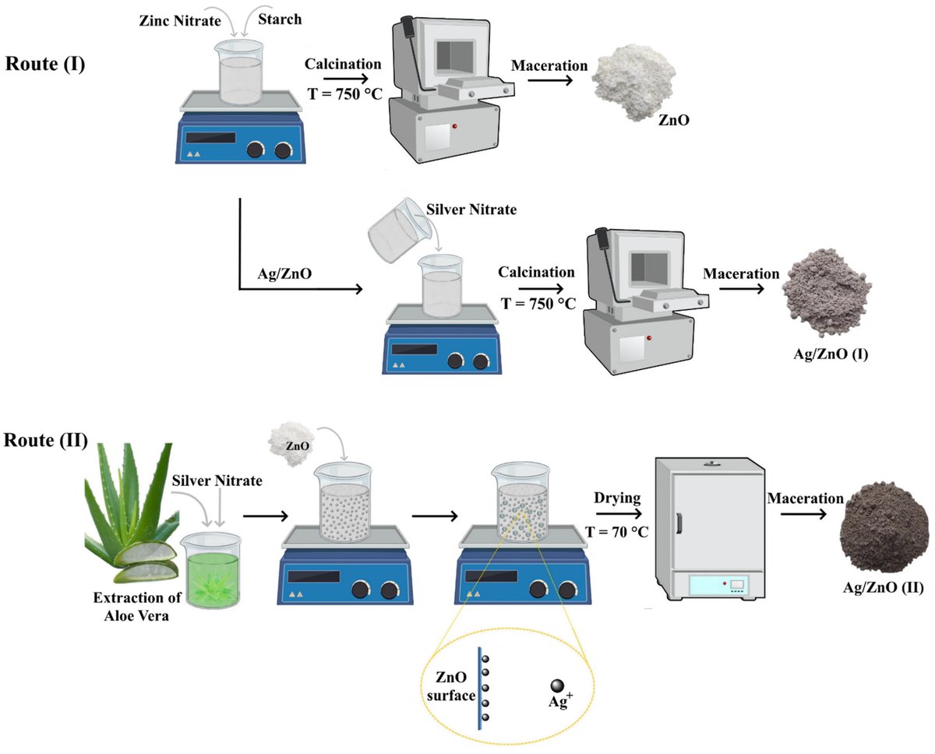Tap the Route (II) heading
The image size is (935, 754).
pos(47,440)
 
